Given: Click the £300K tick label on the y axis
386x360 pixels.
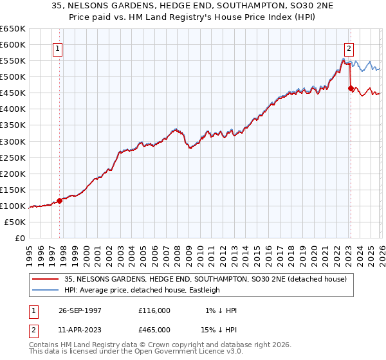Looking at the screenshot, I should pos(12,141).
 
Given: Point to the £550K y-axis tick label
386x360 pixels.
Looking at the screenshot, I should pos(12,61).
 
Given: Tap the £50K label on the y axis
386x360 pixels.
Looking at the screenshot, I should pos(15,222).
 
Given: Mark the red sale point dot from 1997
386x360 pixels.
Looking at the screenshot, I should pos(60,201).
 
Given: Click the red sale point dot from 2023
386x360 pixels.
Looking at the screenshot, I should pos(351,89).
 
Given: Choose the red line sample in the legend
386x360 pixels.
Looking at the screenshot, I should pos(46,279).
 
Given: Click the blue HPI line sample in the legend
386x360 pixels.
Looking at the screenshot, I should pos(46,290).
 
